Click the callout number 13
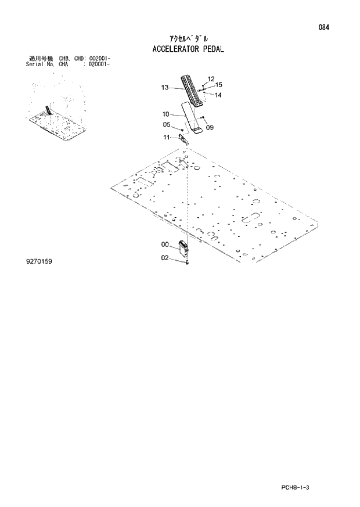coord(165,88)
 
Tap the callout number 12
coord(211,78)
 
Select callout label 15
coord(219,85)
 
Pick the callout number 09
coord(210,127)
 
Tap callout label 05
coord(166,124)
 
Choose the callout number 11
coord(166,137)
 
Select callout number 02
coord(165,257)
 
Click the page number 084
coord(332,28)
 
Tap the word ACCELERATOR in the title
coord(175,49)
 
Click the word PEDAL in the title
coord(213,49)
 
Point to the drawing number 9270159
coord(39,263)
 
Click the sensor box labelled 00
coord(184,249)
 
